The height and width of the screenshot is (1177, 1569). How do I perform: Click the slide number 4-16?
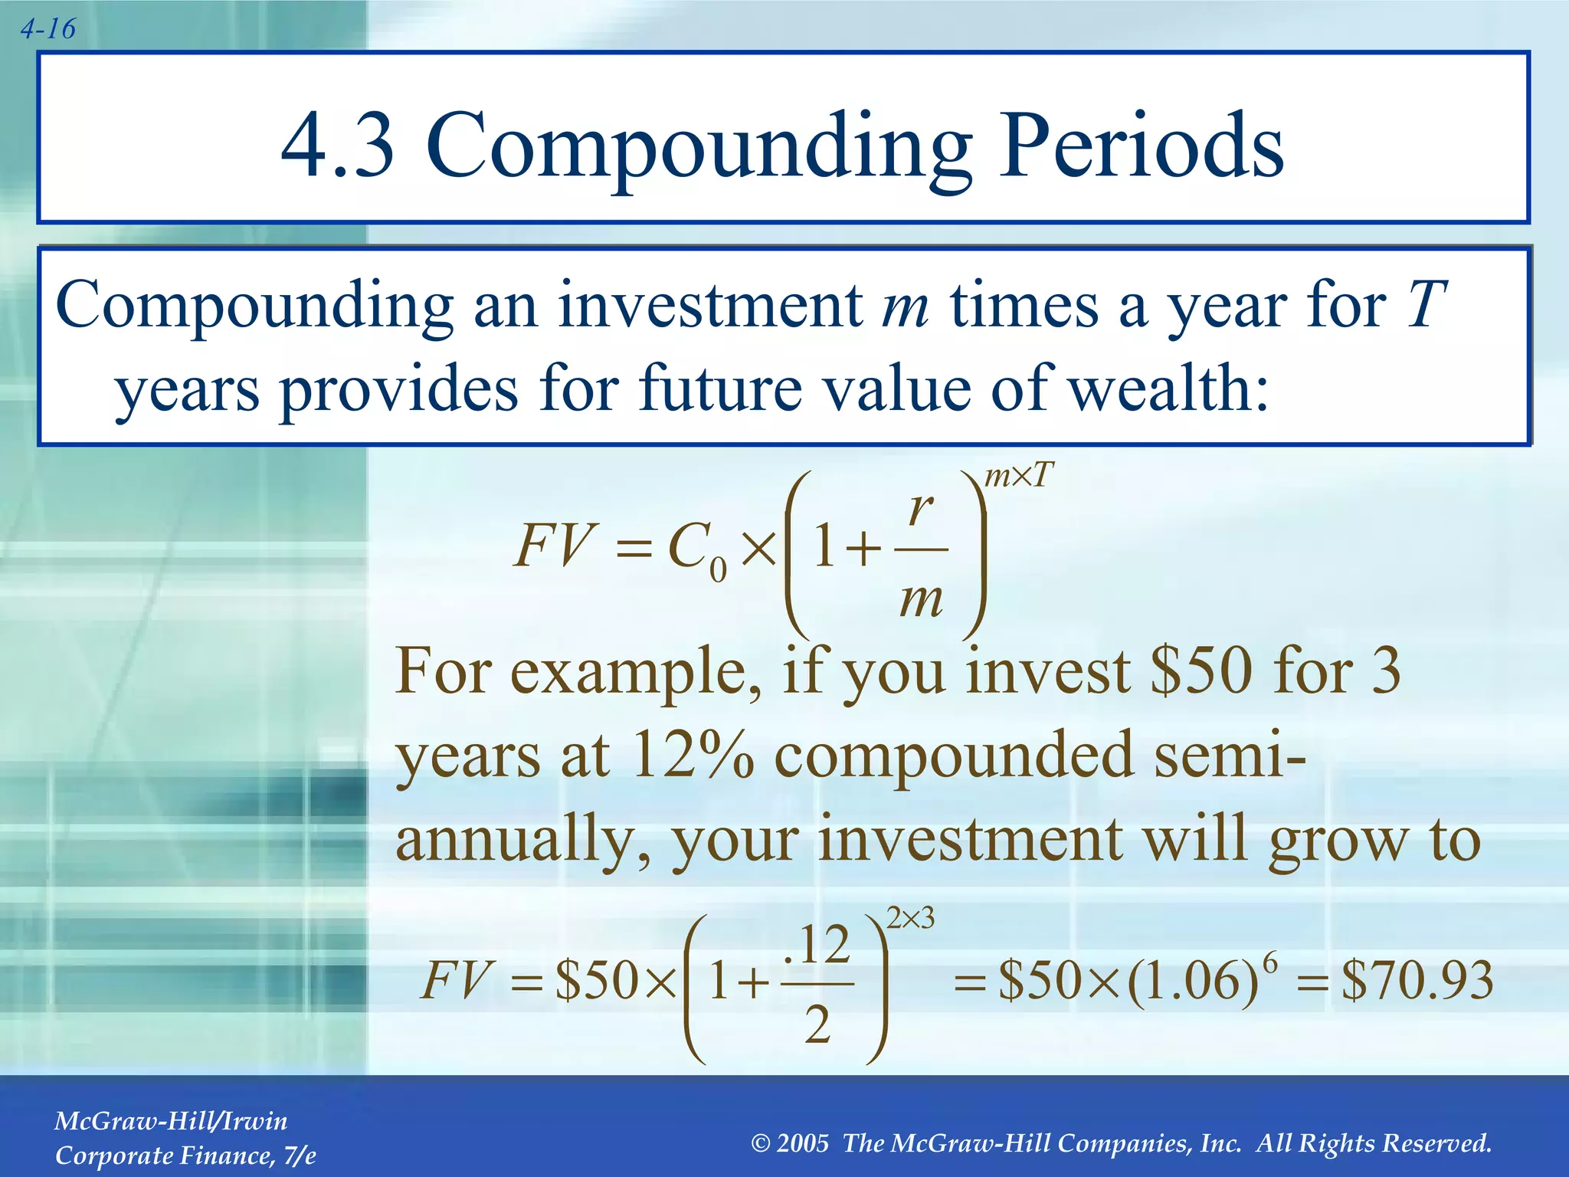point(47,30)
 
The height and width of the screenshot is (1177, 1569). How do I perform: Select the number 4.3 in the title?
point(338,146)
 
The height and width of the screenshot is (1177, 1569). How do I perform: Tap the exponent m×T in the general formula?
point(1019,477)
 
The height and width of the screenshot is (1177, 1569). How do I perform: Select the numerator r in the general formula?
point(920,508)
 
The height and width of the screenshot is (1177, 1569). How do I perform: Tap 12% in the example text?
point(693,756)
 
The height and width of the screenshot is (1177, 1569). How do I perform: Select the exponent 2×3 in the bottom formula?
point(910,918)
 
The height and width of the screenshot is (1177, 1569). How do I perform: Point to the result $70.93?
point(1417,980)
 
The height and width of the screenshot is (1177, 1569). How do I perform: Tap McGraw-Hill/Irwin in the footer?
point(171,1121)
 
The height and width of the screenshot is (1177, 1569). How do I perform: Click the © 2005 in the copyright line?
point(790,1143)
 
